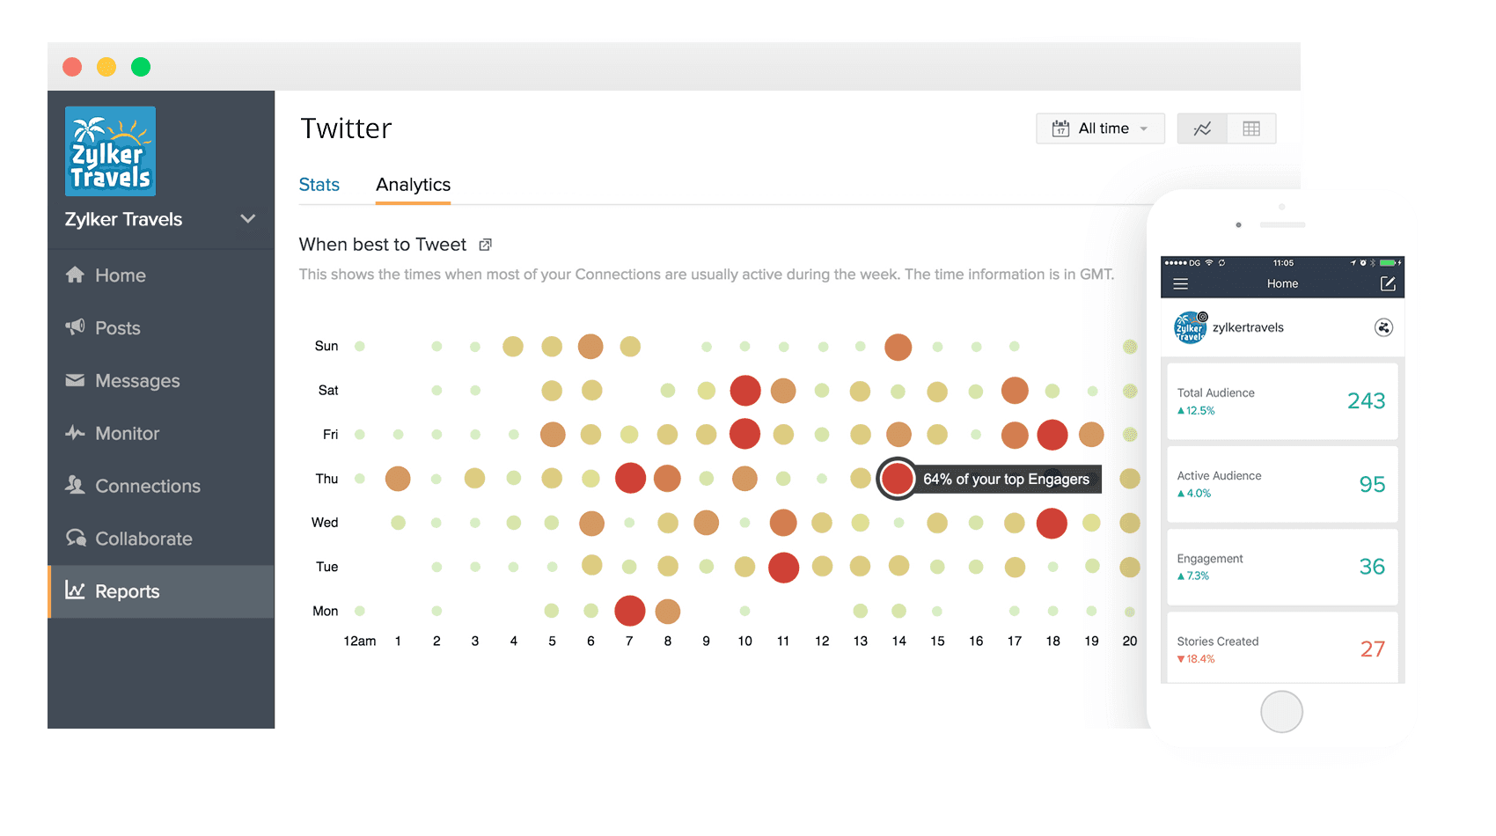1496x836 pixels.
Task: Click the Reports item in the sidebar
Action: point(128,591)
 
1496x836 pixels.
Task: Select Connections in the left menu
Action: point(147,486)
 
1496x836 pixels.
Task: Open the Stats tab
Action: point(319,185)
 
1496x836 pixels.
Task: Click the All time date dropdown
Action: point(1100,128)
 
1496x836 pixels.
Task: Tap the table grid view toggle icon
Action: point(1251,128)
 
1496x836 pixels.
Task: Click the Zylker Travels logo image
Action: point(110,151)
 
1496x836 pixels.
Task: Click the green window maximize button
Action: point(141,67)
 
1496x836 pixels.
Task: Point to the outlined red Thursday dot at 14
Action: point(898,479)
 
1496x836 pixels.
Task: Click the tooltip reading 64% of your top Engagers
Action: point(1006,479)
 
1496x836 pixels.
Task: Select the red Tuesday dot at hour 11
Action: point(783,567)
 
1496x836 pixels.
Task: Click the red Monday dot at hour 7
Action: point(630,611)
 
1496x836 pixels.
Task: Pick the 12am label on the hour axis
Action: point(359,641)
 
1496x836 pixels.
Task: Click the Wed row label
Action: point(325,523)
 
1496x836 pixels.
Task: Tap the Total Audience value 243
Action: point(1366,401)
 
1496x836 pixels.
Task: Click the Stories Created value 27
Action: point(1372,649)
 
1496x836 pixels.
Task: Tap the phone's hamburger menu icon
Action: point(1181,283)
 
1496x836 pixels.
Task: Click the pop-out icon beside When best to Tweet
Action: point(485,245)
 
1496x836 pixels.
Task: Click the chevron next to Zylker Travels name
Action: point(248,219)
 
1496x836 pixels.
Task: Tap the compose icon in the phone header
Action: point(1388,283)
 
